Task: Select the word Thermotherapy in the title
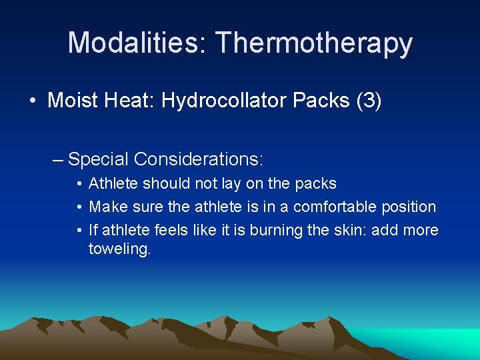(x=314, y=43)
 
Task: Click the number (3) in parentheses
(x=369, y=101)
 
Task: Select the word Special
(x=98, y=159)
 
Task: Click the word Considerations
(x=199, y=159)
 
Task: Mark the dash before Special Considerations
(x=59, y=160)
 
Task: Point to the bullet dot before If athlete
(x=79, y=231)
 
